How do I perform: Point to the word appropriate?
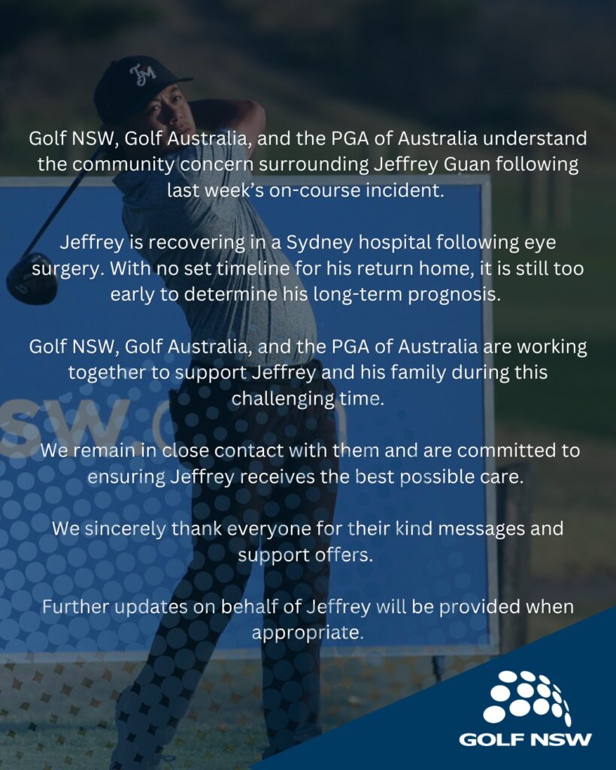(307, 632)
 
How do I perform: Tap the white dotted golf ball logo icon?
(526, 698)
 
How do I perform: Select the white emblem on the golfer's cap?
(141, 74)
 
